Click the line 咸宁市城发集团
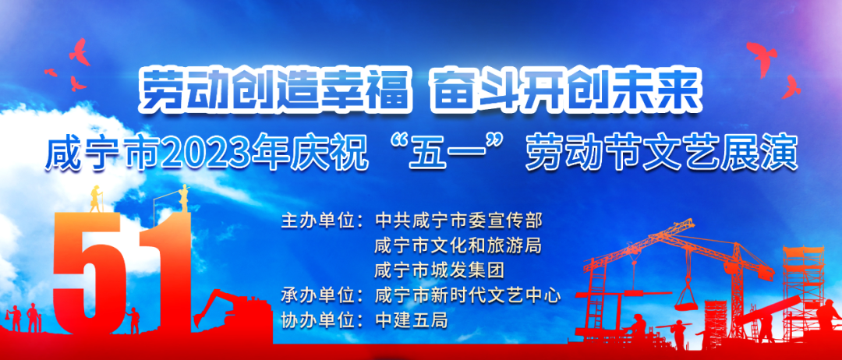439,270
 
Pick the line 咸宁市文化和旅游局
458,245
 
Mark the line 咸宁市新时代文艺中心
467,295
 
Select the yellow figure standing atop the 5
96,199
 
